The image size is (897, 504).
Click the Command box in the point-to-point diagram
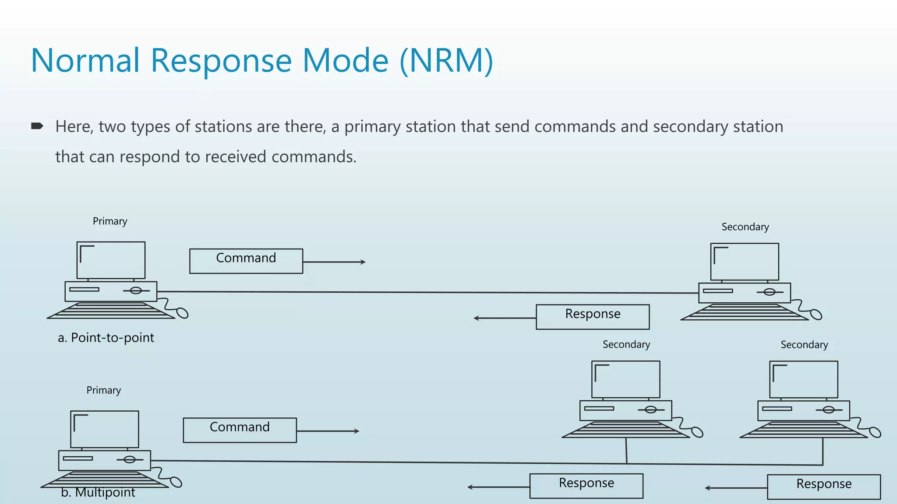[246, 261]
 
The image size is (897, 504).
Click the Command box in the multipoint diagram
[240, 430]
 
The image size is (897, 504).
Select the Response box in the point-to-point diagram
[593, 317]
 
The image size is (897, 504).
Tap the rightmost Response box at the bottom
[823, 486]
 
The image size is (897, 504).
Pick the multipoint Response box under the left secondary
[586, 486]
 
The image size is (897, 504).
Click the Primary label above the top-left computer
[110, 221]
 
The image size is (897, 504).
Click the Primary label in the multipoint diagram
[103, 390]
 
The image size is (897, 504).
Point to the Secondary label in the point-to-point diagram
[745, 227]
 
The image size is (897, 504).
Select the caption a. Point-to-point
[106, 338]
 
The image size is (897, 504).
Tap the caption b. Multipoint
[98, 493]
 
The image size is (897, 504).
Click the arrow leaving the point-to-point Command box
[334, 262]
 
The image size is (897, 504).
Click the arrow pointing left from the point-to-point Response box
[505, 318]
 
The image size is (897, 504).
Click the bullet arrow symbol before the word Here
[37, 126]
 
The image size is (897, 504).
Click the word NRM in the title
[446, 60]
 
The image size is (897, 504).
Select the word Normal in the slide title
[85, 60]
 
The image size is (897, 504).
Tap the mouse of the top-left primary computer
[182, 313]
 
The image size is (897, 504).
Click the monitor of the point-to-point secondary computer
[745, 262]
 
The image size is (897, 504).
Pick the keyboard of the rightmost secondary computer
[803, 430]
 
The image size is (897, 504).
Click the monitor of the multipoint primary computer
[105, 429]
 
